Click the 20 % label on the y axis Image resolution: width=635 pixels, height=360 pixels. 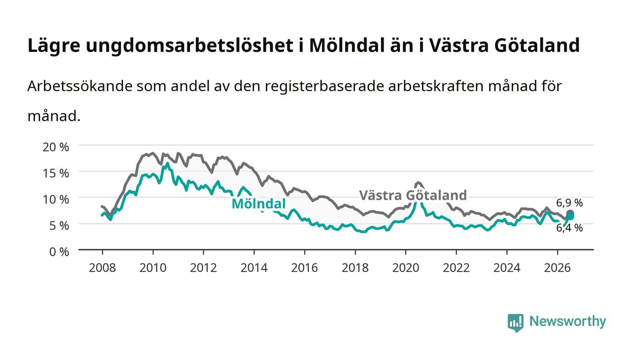(55, 147)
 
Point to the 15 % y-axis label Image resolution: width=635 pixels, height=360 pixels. (55, 173)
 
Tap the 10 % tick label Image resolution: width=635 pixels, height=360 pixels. (55, 199)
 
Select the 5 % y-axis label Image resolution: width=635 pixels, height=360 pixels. (59, 226)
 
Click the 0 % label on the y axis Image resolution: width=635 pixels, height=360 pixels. (59, 252)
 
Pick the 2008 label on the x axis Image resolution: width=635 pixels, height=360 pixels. (103, 268)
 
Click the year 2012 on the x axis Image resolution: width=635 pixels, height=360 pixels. (204, 268)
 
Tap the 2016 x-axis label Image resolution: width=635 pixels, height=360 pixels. (304, 268)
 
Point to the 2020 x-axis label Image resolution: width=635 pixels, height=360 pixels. (405, 268)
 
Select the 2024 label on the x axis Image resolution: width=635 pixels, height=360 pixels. (507, 268)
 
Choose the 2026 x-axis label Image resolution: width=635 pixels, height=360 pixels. (557, 268)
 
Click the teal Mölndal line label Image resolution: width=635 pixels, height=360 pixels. (259, 204)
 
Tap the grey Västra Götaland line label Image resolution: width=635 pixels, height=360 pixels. (413, 195)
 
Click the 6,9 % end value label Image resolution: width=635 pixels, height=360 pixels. (569, 203)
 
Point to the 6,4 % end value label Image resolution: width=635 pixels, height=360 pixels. (569, 228)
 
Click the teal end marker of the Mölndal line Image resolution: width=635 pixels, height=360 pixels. (571, 217)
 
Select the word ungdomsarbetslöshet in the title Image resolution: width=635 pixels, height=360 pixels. (190, 46)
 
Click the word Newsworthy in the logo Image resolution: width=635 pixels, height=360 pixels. (567, 321)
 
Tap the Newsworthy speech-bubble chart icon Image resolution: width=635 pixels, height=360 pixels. (515, 323)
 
